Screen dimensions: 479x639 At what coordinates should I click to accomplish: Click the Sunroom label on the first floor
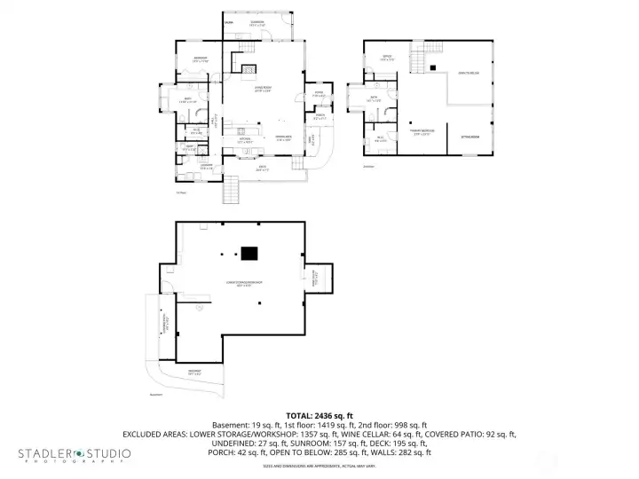click(257, 22)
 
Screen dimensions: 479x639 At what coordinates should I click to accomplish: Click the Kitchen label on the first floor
click(246, 140)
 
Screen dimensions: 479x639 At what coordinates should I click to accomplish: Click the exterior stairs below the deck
click(233, 189)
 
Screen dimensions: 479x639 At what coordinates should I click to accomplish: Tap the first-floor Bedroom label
click(201, 60)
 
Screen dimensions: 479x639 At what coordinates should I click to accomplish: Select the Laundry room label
click(204, 165)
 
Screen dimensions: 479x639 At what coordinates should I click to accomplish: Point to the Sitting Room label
click(469, 137)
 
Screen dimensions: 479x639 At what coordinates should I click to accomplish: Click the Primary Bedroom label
click(420, 134)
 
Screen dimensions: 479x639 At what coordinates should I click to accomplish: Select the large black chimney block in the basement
click(250, 254)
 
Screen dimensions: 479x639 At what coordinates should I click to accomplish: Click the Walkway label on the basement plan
click(193, 372)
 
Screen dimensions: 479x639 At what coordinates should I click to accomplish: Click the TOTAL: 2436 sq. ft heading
click(319, 415)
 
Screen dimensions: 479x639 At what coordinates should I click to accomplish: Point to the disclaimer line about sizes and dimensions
click(319, 467)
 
